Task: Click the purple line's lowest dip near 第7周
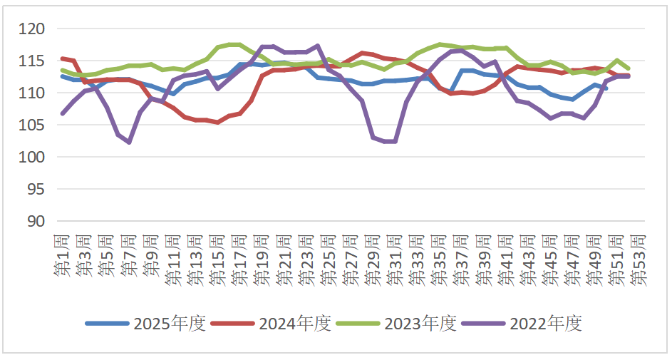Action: point(129,143)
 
